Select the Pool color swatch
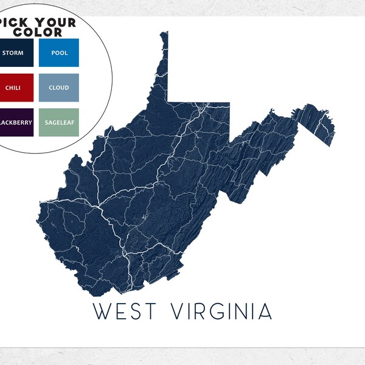pos(59,52)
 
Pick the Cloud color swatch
pos(59,87)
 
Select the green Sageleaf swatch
pos(59,122)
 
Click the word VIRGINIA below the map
pos(221,311)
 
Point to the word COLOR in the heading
pos(40,32)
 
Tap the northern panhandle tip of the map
pos(165,33)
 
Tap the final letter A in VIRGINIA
pos(265,311)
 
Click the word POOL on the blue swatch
pos(60,53)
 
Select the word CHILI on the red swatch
pos(13,88)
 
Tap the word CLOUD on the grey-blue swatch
pos(59,88)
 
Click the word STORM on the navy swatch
pos(13,53)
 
